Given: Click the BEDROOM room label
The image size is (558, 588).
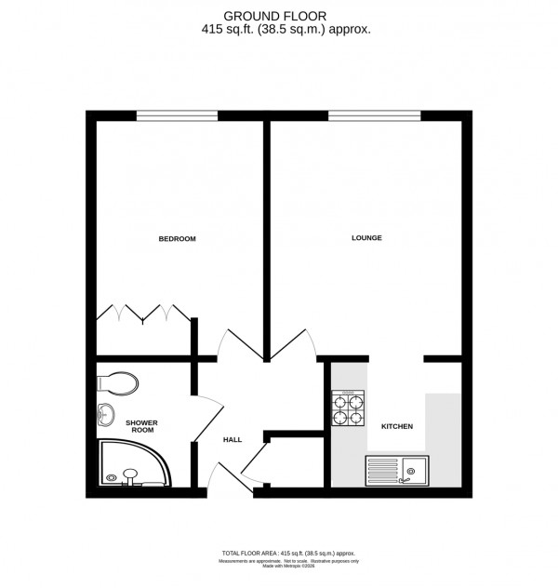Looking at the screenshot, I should pyautogui.click(x=177, y=239).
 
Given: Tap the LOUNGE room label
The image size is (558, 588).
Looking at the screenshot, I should pyautogui.click(x=366, y=238).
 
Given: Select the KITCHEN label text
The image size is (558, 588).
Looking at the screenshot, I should pyautogui.click(x=396, y=426).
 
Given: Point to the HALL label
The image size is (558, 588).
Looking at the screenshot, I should pyautogui.click(x=232, y=440).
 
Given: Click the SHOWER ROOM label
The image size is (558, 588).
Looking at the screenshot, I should pyautogui.click(x=142, y=426).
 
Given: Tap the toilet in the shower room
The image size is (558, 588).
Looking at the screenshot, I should pyautogui.click(x=117, y=381).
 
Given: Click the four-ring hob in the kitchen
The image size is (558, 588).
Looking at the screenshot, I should pyautogui.click(x=348, y=409).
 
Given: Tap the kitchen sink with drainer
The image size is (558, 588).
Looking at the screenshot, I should pyautogui.click(x=396, y=471).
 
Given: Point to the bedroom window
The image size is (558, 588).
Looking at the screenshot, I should pyautogui.click(x=177, y=116).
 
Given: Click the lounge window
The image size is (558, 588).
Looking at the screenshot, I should pyautogui.click(x=372, y=116).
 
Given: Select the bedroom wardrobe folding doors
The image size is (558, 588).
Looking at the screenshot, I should pyautogui.click(x=142, y=313).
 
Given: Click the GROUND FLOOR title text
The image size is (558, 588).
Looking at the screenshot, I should pyautogui.click(x=288, y=14).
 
